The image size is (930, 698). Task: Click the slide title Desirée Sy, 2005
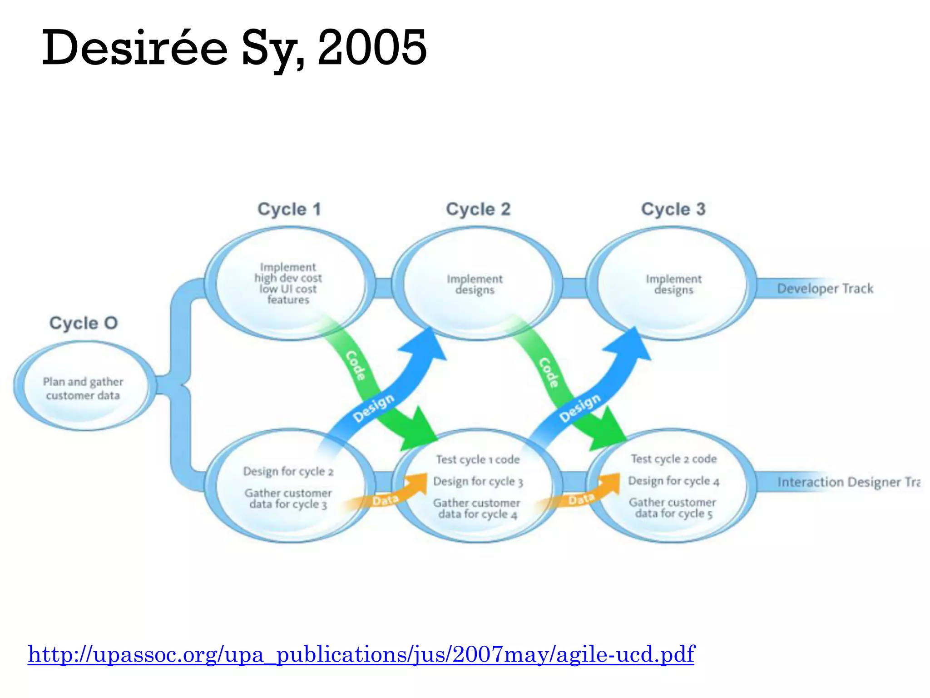pyautogui.click(x=234, y=48)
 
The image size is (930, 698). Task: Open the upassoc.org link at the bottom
pyautogui.click(x=361, y=654)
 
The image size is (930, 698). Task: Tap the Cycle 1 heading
pyautogui.click(x=289, y=209)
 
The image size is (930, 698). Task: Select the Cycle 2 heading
pyautogui.click(x=478, y=209)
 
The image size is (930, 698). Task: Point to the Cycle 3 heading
pyautogui.click(x=673, y=209)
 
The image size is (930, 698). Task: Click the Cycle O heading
pyautogui.click(x=84, y=323)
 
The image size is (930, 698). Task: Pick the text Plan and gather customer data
pyautogui.click(x=83, y=389)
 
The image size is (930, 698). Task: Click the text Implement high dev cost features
pyautogui.click(x=288, y=283)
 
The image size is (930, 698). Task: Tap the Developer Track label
pyautogui.click(x=825, y=289)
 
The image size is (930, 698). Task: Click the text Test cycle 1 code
pyautogui.click(x=478, y=459)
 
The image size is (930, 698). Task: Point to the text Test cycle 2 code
pyautogui.click(x=673, y=459)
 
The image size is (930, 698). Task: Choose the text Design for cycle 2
pyautogui.click(x=288, y=471)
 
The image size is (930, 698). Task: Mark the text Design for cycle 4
pyautogui.click(x=673, y=481)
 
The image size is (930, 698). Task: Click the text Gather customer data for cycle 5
pyautogui.click(x=673, y=508)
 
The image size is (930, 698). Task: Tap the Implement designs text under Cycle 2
pyautogui.click(x=475, y=284)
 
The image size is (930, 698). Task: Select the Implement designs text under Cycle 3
pyautogui.click(x=673, y=284)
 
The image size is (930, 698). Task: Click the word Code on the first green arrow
pyautogui.click(x=356, y=365)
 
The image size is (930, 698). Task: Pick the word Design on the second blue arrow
pyautogui.click(x=580, y=408)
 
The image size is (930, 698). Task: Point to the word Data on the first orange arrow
pyautogui.click(x=385, y=500)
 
